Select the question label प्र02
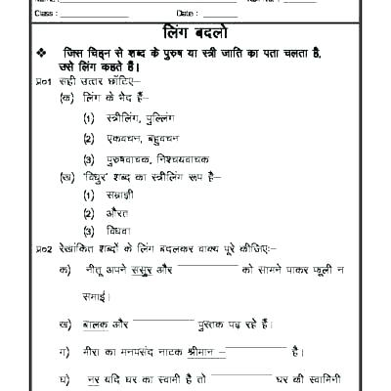tap(41, 249)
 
